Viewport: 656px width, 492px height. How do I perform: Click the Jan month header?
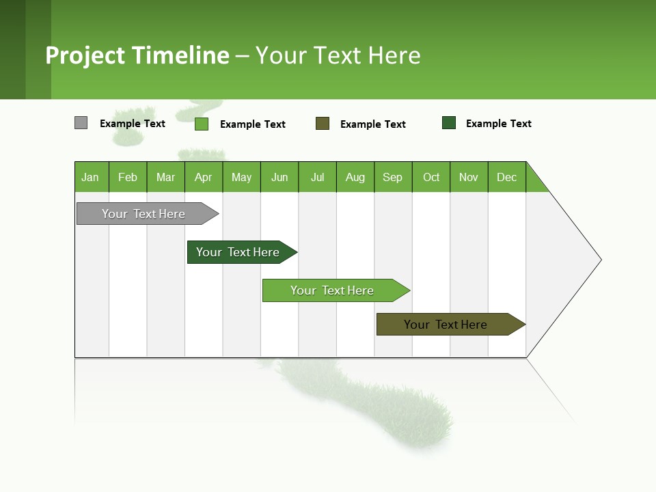pos(91,177)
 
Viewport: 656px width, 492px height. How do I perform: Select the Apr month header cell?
pos(204,177)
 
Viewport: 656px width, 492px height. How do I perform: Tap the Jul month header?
pos(317,177)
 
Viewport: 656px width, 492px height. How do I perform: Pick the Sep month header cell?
pos(393,177)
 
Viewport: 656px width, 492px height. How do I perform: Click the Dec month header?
pos(506,177)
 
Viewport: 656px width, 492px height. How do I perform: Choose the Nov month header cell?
pos(469,177)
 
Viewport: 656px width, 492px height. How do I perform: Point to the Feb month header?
pos(128,177)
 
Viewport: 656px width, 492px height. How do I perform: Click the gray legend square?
pos(81,123)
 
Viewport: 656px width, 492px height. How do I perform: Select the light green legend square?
pos(202,124)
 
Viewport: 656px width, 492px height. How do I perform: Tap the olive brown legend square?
pos(323,124)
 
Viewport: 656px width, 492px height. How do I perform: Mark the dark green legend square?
pos(449,123)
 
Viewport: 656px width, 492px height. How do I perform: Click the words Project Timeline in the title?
pos(137,55)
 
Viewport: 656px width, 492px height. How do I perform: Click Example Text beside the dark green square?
pos(498,124)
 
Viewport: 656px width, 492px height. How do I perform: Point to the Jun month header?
pos(279,177)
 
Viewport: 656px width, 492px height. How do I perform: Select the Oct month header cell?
pos(431,177)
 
